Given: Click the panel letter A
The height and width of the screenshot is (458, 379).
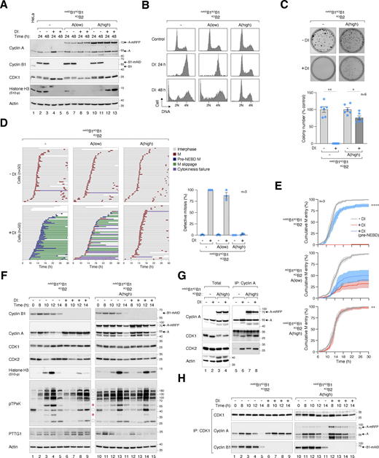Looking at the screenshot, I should [5, 4].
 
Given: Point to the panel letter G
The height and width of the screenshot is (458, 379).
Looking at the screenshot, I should [173, 252].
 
